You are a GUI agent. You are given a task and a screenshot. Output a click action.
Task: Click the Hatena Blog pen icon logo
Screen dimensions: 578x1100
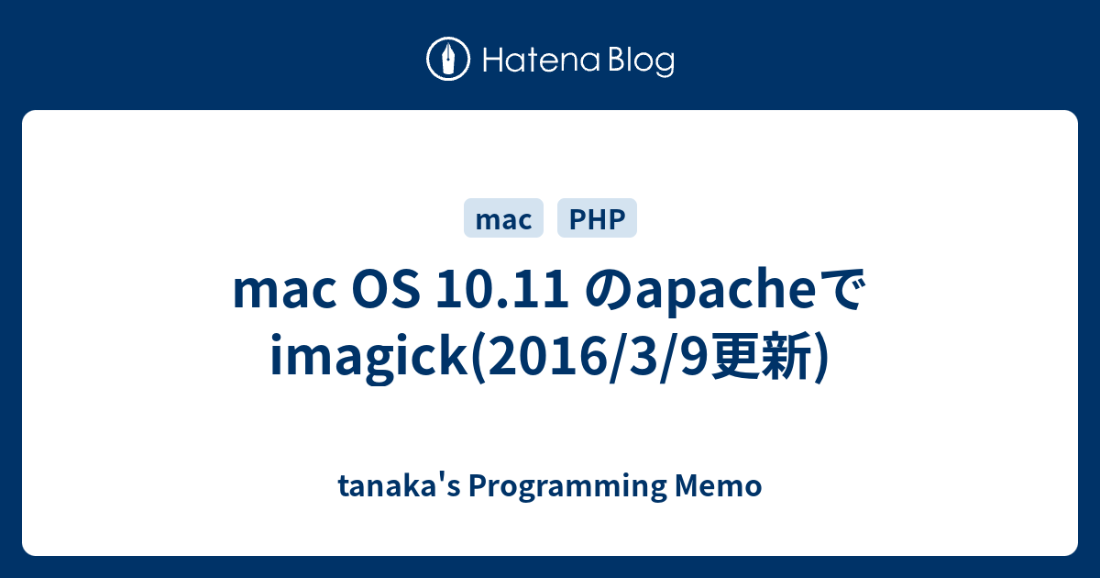pos(448,60)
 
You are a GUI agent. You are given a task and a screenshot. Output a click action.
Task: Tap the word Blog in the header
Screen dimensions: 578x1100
pos(639,61)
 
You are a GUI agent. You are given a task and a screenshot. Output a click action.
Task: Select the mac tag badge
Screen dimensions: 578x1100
pos(504,218)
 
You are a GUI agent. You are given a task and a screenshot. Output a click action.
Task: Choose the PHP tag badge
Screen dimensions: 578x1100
pos(597,218)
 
